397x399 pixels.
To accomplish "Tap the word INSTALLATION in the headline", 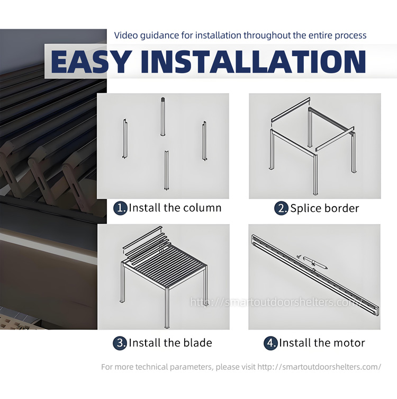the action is pyautogui.click(x=253, y=61).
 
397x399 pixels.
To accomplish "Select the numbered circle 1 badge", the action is pyautogui.click(x=120, y=208).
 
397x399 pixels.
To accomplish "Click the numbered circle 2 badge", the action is pyautogui.click(x=281, y=208).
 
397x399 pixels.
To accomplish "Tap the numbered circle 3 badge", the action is pyautogui.click(x=120, y=343).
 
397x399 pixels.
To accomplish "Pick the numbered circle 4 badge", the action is pyautogui.click(x=270, y=343).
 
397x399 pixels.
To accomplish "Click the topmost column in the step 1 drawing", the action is pyautogui.click(x=163, y=117).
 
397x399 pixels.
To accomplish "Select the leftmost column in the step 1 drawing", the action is pyautogui.click(x=125, y=139).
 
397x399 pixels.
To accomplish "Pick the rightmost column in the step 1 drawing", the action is pyautogui.click(x=204, y=141).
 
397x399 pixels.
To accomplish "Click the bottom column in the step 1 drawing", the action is pyautogui.click(x=167, y=170).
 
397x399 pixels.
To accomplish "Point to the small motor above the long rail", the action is pyautogui.click(x=315, y=263).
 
